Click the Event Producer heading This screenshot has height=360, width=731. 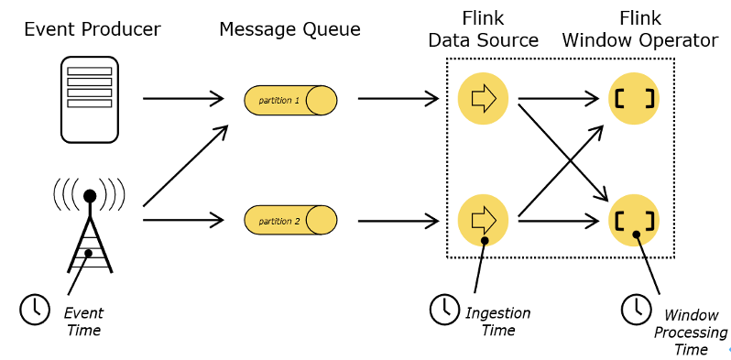(x=92, y=29)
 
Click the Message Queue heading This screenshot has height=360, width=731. (x=289, y=29)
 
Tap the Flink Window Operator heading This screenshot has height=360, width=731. (x=639, y=29)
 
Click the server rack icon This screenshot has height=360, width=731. (x=90, y=99)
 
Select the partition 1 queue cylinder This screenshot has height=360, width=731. (x=290, y=99)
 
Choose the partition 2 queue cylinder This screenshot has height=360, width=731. (x=290, y=220)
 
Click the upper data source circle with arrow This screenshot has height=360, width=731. (x=483, y=98)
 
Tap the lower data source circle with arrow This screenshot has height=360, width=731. (x=483, y=220)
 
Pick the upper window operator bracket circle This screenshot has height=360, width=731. (x=635, y=98)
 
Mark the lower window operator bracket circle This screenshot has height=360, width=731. (x=635, y=220)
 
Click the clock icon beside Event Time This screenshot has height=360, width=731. (x=35, y=310)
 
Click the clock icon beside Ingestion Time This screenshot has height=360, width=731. (x=445, y=310)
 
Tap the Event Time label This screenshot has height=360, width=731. (x=83, y=321)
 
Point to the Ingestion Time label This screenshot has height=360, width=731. (x=498, y=321)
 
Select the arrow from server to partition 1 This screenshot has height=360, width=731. (x=183, y=98)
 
